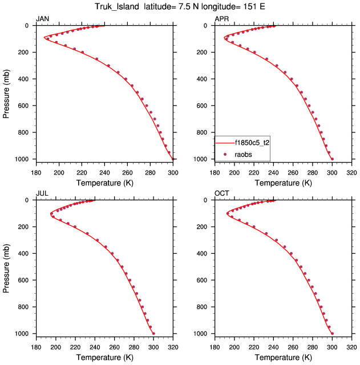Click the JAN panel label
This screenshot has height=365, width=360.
pyautogui.click(x=43, y=19)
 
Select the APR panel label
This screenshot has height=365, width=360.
pyautogui.click(x=221, y=19)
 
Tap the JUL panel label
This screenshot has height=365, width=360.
pyautogui.click(x=42, y=193)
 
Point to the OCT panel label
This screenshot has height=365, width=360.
pyautogui.click(x=222, y=193)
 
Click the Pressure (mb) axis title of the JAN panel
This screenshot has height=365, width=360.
pyautogui.click(x=6, y=92)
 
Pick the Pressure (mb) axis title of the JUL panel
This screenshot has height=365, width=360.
pyautogui.click(x=6, y=266)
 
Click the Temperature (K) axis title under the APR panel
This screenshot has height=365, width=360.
pyautogui.click(x=283, y=182)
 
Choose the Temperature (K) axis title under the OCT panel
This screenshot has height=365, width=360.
pyautogui.click(x=283, y=357)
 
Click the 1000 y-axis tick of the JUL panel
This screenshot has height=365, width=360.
pyautogui.click(x=25, y=334)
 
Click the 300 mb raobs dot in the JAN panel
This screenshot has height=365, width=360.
pyautogui.click(x=108, y=66)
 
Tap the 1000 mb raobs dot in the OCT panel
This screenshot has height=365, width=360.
pyautogui.click(x=332, y=333)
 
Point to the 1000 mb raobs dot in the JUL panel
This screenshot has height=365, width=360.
pyautogui.click(x=153, y=333)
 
